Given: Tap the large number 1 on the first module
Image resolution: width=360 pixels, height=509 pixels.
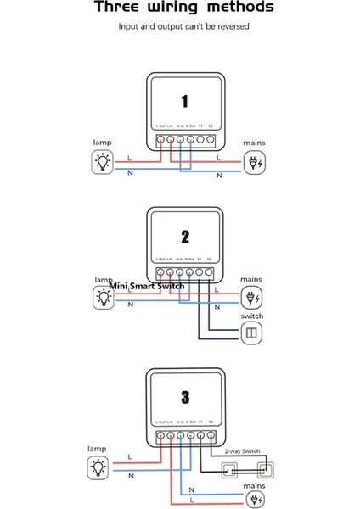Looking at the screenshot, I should coord(185,98).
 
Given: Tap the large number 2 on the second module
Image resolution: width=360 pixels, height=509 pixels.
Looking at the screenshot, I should coord(185,237).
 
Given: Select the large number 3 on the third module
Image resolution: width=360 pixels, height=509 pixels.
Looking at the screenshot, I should coord(185,395).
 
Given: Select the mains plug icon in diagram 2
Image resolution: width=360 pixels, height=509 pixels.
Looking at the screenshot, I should coord(252,297).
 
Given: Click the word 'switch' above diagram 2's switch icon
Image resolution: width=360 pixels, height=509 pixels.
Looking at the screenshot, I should coord(252,316).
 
